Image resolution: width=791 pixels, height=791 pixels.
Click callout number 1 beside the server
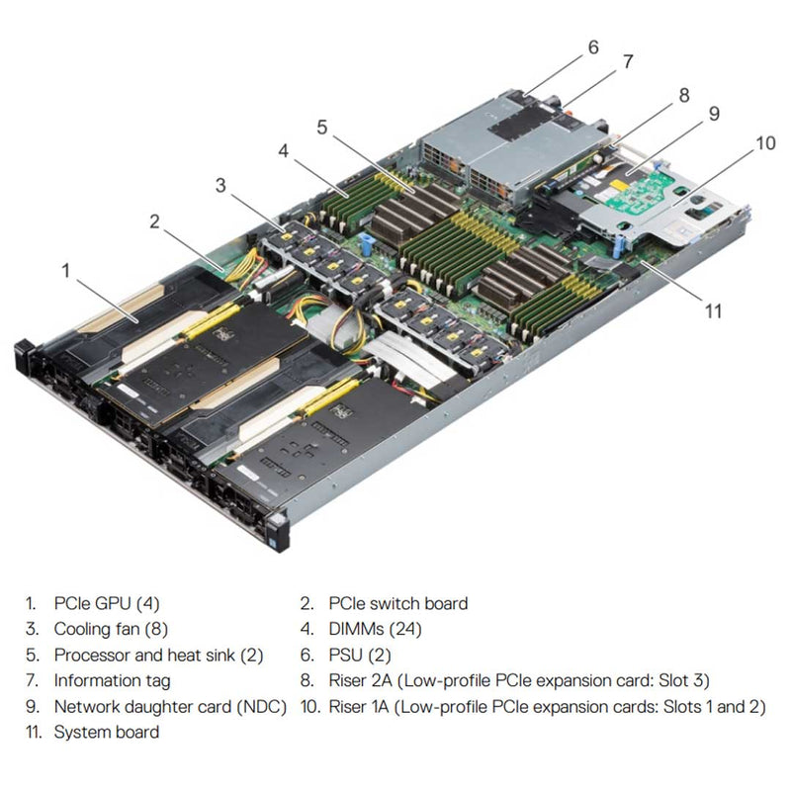[66, 269]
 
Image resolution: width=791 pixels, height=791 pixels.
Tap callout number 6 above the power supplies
[593, 46]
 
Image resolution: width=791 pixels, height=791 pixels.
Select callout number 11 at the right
[714, 310]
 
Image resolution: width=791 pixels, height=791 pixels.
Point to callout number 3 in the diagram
[220, 184]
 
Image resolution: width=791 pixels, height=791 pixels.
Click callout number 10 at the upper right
[765, 142]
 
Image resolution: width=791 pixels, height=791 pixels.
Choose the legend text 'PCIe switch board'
[397, 603]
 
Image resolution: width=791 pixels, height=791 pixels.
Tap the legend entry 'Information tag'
[112, 680]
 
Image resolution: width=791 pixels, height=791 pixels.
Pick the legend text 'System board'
[106, 732]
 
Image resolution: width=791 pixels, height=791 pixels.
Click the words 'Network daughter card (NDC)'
[170, 706]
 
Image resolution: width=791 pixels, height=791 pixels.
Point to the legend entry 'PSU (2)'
[360, 655]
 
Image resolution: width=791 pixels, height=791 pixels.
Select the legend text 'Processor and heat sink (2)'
[158, 655]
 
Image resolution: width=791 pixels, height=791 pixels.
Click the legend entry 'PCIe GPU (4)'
[106, 603]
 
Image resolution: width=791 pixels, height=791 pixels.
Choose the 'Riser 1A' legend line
[547, 706]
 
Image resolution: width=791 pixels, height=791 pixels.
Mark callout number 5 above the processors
[321, 127]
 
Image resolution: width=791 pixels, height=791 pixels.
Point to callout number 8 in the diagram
[682, 96]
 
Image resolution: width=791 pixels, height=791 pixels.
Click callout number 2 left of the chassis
[154, 220]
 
